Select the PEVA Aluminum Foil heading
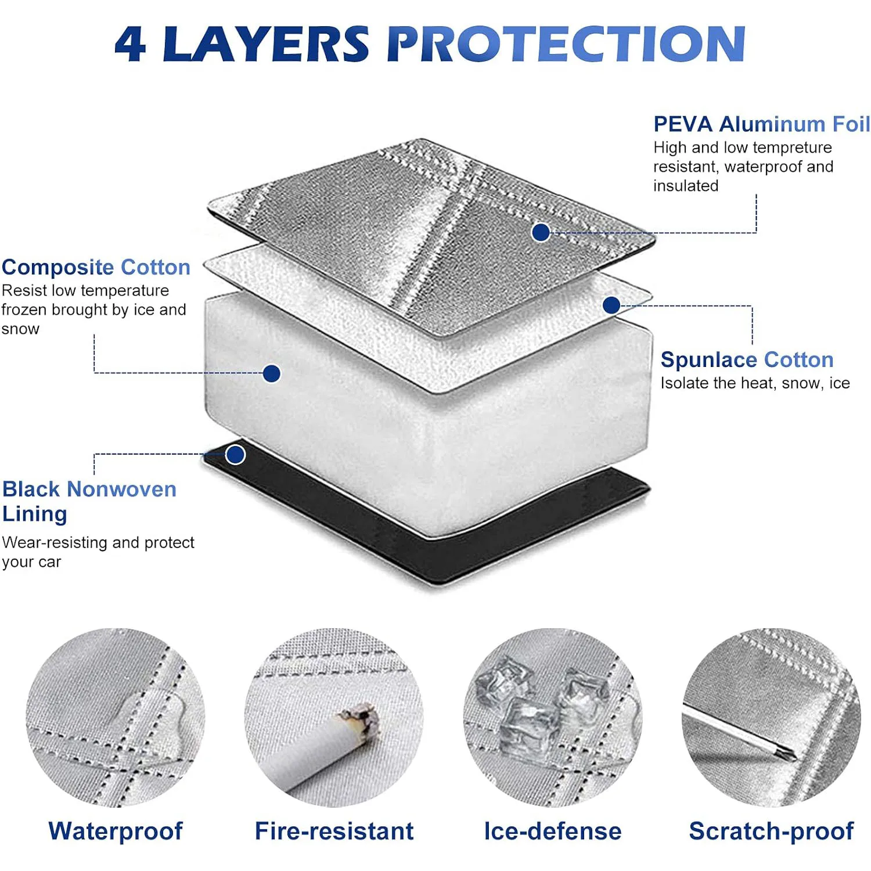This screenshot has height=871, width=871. (761, 124)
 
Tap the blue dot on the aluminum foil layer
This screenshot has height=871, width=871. (541, 232)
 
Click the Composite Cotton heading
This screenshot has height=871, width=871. (96, 267)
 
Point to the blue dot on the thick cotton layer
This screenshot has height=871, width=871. (271, 373)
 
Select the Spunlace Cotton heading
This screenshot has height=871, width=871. (747, 359)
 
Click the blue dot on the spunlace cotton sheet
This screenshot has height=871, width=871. (611, 305)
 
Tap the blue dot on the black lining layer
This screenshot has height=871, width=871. (235, 455)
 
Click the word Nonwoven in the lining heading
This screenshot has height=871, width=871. (121, 489)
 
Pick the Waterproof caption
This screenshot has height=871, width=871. (116, 831)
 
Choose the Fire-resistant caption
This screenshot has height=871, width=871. (334, 831)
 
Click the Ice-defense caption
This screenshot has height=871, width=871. (552, 831)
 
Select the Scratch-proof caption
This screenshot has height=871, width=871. (771, 831)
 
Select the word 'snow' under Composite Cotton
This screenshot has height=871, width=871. (20, 329)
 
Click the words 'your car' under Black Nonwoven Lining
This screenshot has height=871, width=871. (31, 562)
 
